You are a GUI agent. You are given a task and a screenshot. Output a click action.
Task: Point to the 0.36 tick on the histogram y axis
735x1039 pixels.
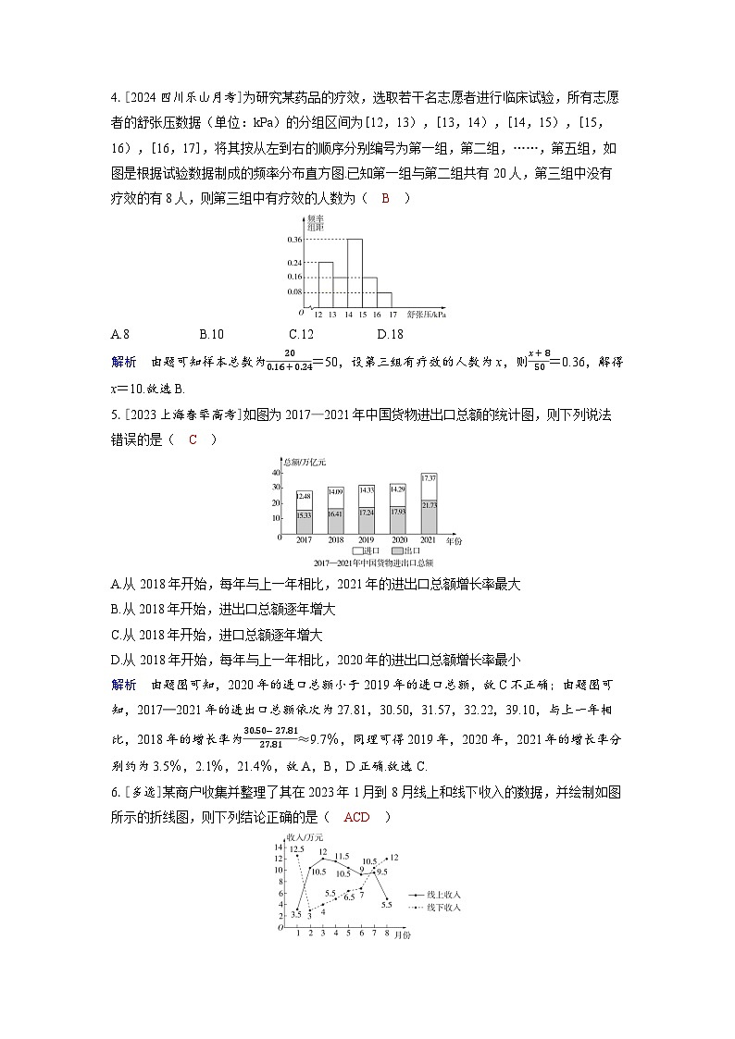294,240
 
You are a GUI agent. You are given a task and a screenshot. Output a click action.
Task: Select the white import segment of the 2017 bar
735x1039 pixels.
305,501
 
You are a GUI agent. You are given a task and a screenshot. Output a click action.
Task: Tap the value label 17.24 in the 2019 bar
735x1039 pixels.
367,513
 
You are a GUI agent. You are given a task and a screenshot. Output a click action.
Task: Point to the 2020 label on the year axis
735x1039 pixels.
398,539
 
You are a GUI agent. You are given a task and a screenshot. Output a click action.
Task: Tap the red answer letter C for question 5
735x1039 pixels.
193,439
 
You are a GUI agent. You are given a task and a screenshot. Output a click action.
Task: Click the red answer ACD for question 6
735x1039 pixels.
355,817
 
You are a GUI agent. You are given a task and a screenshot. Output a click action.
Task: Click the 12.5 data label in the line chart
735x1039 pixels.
296,849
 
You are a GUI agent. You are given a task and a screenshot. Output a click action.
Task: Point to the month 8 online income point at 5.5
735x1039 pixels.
386,906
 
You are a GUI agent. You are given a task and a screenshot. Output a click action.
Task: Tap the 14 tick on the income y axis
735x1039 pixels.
278,847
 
